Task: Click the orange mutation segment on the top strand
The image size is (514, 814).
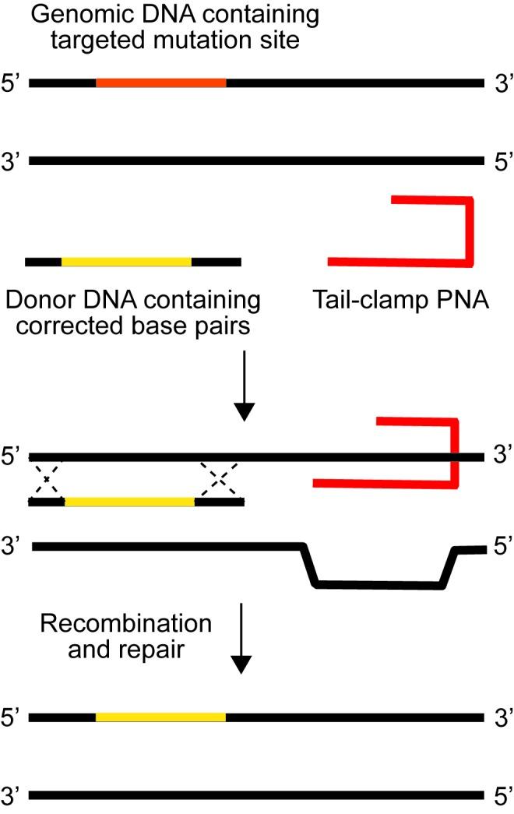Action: (x=161, y=81)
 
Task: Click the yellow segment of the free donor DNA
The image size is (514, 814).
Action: (x=126, y=262)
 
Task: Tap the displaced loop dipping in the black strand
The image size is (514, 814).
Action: (x=378, y=583)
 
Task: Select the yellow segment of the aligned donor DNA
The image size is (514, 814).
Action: (x=129, y=502)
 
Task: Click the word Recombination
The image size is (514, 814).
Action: (x=125, y=625)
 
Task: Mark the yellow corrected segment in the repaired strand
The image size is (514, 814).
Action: (x=160, y=716)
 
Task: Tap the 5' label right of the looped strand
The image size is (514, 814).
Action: (x=500, y=549)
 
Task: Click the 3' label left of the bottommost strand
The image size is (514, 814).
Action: (x=14, y=796)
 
